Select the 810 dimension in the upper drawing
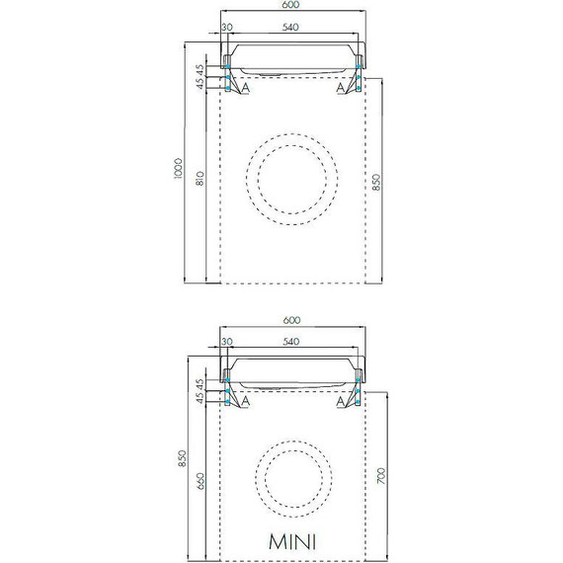point(201,180)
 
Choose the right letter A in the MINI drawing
point(340,402)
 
